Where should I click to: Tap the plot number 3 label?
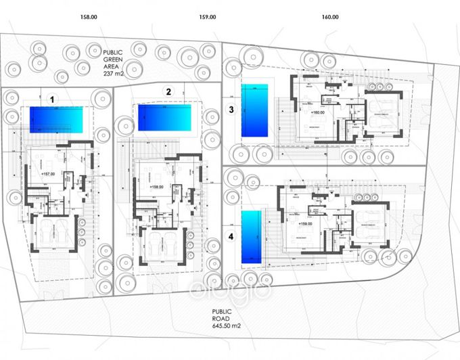click(231, 109)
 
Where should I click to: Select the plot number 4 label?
click(231, 237)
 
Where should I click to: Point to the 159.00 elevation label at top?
click(208, 17)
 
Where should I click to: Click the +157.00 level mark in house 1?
click(47, 174)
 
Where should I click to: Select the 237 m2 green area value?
click(112, 74)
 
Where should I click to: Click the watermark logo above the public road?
click(229, 290)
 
